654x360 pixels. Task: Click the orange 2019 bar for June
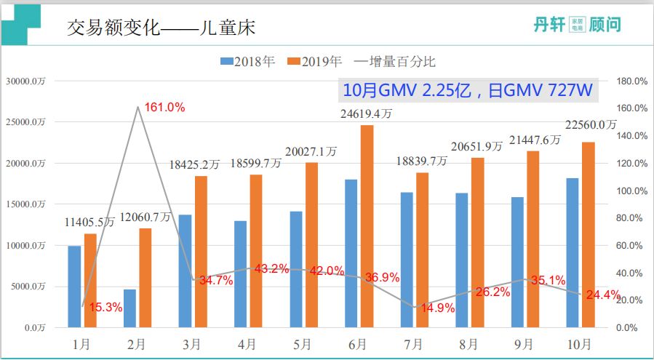pyautogui.click(x=367, y=226)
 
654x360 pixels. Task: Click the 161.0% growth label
pyautogui.click(x=164, y=108)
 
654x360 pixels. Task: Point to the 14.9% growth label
pyautogui.click(x=438, y=308)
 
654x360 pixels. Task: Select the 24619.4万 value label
pyautogui.click(x=367, y=113)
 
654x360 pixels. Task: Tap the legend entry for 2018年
pyautogui.click(x=248, y=62)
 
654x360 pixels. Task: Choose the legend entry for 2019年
pyautogui.click(x=315, y=62)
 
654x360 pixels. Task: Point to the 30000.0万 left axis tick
pyautogui.click(x=25, y=81)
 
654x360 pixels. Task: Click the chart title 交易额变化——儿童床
pyautogui.click(x=161, y=28)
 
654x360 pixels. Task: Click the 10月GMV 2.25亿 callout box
pyautogui.click(x=469, y=90)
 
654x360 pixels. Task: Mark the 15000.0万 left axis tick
pyautogui.click(x=25, y=204)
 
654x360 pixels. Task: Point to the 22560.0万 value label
pyautogui.click(x=591, y=126)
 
